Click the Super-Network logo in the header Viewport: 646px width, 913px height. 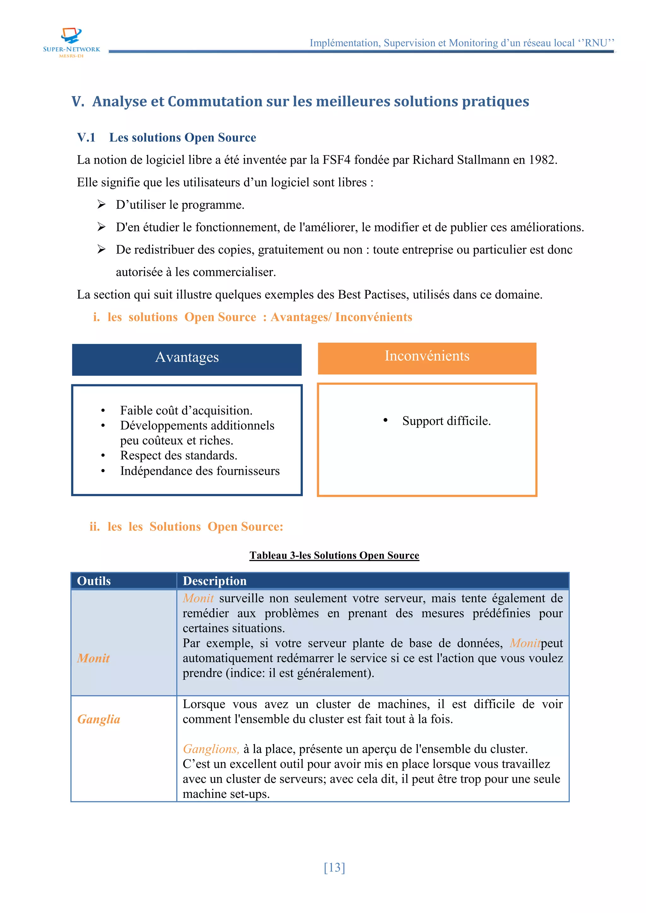click(x=72, y=42)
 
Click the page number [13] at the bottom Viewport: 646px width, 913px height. click(x=334, y=867)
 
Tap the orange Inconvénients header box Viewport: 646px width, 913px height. click(x=427, y=358)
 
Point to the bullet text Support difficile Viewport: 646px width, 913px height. click(x=446, y=421)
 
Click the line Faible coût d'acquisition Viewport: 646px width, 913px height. click(x=186, y=410)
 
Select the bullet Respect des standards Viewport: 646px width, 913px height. click(x=179, y=455)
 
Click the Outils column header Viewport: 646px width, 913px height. click(x=94, y=581)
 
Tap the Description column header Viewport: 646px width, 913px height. click(x=214, y=581)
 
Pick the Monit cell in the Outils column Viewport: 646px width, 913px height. click(x=93, y=658)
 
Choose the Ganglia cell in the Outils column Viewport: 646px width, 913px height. click(x=99, y=719)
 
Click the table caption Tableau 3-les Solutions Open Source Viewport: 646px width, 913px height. click(x=334, y=555)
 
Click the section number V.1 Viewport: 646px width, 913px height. click(x=86, y=137)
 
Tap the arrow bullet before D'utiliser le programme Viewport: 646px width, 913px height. click(x=102, y=204)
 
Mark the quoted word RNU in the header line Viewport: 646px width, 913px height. click(x=596, y=43)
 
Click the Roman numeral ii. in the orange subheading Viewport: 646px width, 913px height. click(x=94, y=526)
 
